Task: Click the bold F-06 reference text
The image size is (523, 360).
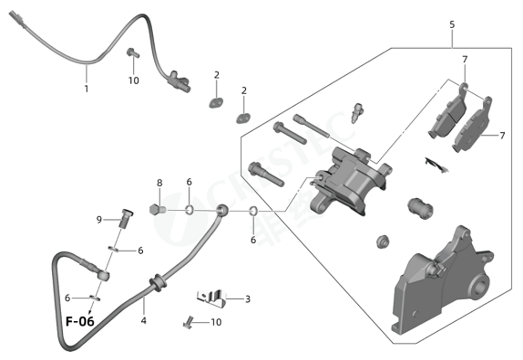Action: [80, 321]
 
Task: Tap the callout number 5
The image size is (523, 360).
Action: [452, 25]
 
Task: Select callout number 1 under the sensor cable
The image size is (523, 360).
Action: [86, 88]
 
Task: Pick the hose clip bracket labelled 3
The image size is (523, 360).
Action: [211, 297]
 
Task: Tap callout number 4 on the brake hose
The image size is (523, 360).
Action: [143, 320]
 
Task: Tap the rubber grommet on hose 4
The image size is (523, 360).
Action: [157, 283]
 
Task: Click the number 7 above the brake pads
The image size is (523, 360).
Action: [464, 59]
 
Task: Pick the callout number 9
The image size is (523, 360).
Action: [99, 220]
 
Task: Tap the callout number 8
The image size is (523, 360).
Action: [160, 183]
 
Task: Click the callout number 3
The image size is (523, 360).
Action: [247, 299]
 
